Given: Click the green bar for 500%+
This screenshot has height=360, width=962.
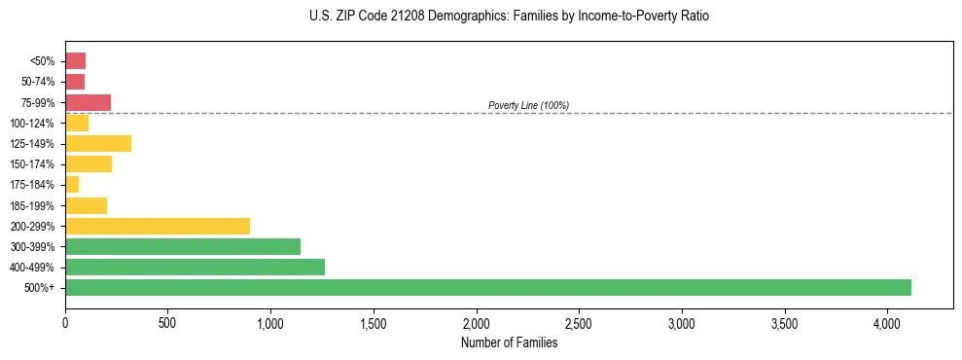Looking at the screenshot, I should pyautogui.click(x=487, y=287).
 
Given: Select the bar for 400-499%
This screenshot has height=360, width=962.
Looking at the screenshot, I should pyautogui.click(x=195, y=267).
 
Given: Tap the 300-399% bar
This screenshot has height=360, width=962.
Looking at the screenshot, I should pyautogui.click(x=183, y=246).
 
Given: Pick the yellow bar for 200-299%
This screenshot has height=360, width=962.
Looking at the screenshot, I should pyautogui.click(x=158, y=226).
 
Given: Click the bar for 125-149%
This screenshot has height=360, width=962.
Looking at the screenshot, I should pyautogui.click(x=98, y=143).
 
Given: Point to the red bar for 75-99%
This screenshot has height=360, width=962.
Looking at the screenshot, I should pyautogui.click(x=88, y=102).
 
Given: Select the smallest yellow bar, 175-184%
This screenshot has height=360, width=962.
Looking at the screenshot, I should pyautogui.click(x=72, y=184).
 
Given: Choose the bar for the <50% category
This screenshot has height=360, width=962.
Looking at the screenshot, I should pyautogui.click(x=75, y=60).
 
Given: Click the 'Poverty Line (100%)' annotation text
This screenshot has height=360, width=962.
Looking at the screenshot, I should pyautogui.click(x=528, y=105).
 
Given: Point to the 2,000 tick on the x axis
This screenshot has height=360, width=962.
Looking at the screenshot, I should pyautogui.click(x=477, y=322).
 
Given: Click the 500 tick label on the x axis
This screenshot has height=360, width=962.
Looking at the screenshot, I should pyautogui.click(x=167, y=322).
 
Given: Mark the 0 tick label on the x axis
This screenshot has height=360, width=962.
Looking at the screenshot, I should pyautogui.click(x=65, y=322).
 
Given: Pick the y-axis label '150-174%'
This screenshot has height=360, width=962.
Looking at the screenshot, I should pyautogui.click(x=33, y=164).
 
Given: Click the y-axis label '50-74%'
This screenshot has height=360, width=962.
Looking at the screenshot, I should pyautogui.click(x=39, y=82).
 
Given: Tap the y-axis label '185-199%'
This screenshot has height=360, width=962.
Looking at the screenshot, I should pyautogui.click(x=33, y=205).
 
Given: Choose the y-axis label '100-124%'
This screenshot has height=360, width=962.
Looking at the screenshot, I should pyautogui.click(x=33, y=123).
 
